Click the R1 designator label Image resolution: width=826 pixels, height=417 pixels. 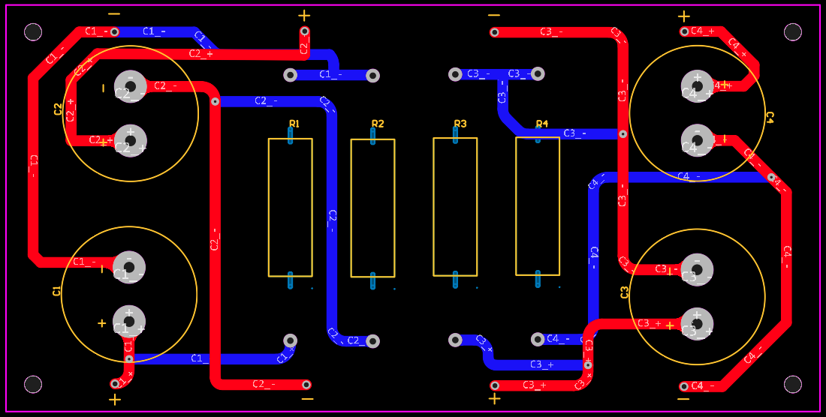point(294,124)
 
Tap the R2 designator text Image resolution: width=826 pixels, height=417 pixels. point(378,124)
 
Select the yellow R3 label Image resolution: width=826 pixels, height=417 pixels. point(460,124)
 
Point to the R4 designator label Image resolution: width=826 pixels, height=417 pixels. point(542,124)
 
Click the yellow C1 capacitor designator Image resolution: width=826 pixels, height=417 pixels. point(57,291)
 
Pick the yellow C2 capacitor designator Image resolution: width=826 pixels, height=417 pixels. point(59,109)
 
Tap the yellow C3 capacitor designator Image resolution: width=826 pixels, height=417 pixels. point(625,292)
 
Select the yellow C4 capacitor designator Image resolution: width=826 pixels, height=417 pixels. point(770,116)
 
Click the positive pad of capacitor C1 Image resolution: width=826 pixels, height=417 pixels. point(129,320)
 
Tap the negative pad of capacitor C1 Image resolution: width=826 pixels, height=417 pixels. point(129,265)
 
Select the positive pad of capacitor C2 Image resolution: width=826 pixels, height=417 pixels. point(130,140)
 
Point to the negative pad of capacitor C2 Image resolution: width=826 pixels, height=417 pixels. point(130,85)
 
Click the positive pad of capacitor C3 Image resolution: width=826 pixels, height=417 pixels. point(697,324)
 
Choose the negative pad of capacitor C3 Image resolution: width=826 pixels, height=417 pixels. point(697,268)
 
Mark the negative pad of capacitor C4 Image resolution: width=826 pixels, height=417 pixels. point(697,139)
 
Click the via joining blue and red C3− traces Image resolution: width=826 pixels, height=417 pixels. point(623,134)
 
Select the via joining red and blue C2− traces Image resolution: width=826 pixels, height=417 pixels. point(215,101)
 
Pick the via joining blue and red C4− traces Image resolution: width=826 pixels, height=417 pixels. point(771,178)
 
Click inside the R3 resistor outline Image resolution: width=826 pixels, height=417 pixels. point(455,206)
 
